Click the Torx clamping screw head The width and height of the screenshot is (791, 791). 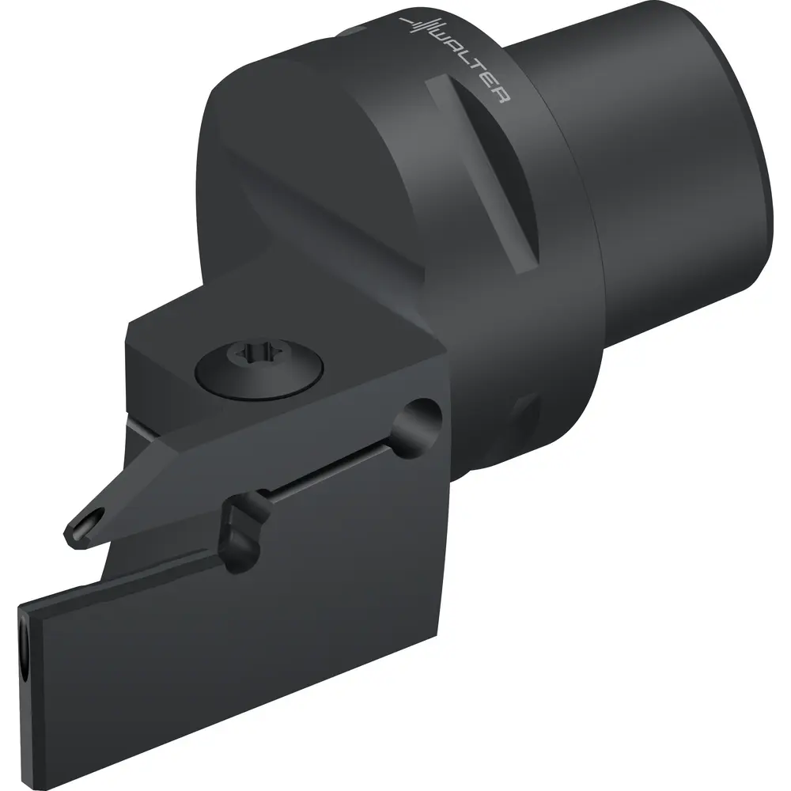259,369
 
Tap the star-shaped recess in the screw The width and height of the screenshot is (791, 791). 251,352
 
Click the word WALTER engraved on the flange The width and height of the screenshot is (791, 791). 469,66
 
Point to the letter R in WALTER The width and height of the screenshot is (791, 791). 499,96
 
